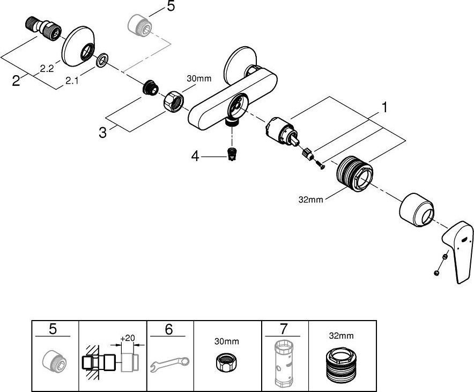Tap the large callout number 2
[17, 81]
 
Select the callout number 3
[103, 131]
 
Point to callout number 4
[196, 156]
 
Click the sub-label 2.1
[72, 81]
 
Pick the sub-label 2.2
[47, 68]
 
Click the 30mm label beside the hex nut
[199, 79]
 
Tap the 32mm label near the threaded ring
[311, 200]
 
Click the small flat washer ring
[101, 61]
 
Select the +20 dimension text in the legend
[127, 338]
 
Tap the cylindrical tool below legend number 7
[284, 364]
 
